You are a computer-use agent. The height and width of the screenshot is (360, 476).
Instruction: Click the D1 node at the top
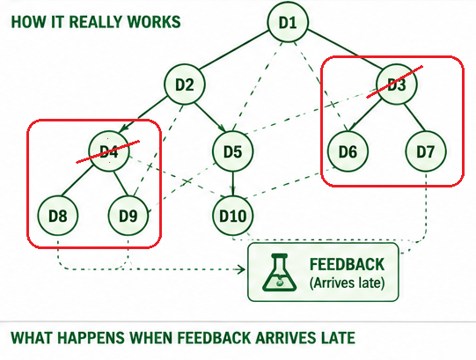288,22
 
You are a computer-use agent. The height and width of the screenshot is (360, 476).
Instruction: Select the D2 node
185,84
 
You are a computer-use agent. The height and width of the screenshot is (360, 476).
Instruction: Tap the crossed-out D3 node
397,84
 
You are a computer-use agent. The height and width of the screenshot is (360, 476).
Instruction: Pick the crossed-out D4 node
109,151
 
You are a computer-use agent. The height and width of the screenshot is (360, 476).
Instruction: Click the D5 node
233,151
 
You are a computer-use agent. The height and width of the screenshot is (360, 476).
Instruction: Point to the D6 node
348,151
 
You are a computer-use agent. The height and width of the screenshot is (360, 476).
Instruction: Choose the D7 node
426,151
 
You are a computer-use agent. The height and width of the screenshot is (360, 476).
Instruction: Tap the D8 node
58,216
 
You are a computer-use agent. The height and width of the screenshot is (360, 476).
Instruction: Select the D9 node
128,216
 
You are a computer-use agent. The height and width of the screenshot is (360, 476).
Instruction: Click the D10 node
233,216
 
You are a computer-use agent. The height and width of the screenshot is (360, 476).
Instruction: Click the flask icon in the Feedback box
279,273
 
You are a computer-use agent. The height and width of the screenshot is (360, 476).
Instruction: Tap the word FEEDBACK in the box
347,264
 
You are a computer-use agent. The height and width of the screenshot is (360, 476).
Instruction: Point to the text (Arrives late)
347,283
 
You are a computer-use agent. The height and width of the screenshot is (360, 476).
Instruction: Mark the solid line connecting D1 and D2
234,50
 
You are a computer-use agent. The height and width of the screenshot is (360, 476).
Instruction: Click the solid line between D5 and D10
233,184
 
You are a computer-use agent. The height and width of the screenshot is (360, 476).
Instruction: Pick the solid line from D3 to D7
414,118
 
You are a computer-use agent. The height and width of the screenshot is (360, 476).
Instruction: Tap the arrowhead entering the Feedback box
242,269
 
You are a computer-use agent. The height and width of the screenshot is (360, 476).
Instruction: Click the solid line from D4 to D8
77,180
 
